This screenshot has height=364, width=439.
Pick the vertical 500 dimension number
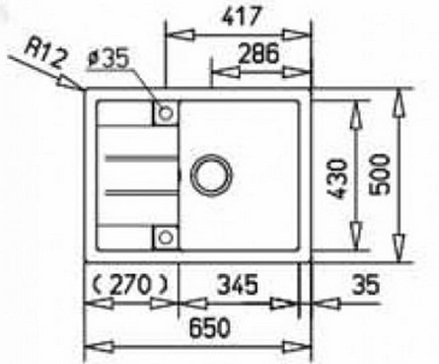(380, 175)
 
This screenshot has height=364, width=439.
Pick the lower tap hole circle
(165, 237)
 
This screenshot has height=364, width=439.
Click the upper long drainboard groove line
(137, 159)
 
